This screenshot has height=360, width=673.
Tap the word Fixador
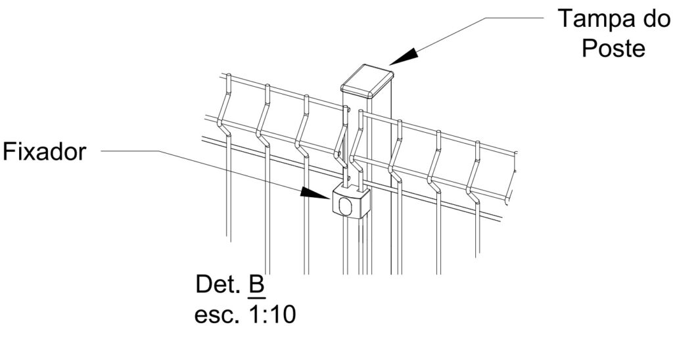pos(45,152)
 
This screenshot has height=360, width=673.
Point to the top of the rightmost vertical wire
pos(478,143)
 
